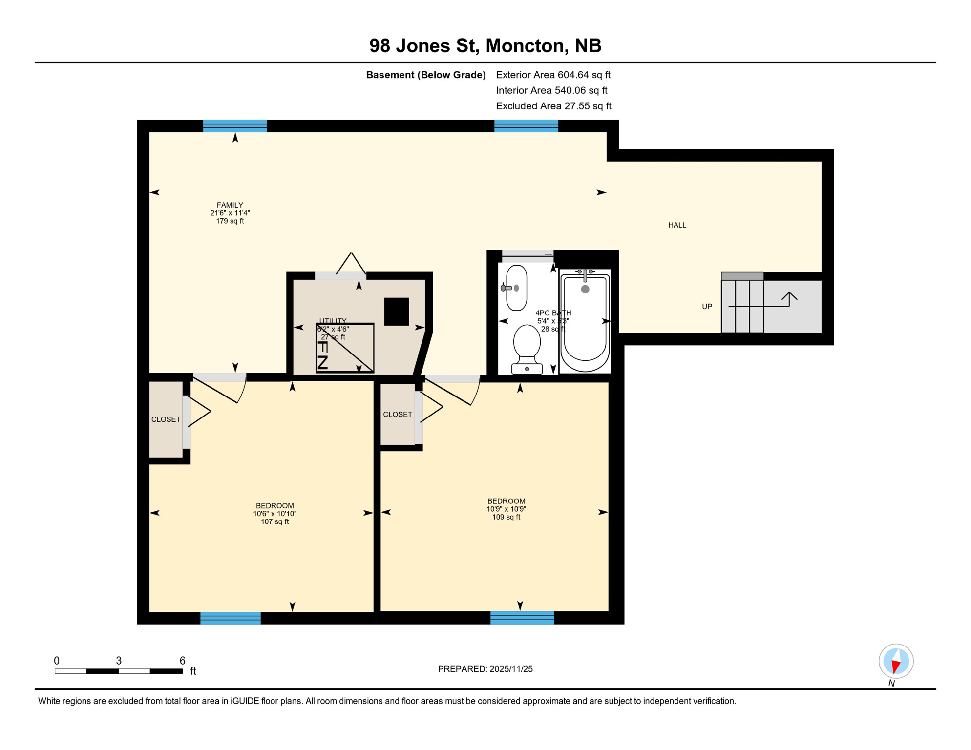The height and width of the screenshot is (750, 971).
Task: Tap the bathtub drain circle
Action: pos(585,289)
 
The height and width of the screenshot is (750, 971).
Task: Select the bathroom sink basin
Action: pos(517,288)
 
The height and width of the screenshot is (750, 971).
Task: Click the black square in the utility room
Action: pos(396,312)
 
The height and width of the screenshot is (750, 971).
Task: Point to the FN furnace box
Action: pos(345,348)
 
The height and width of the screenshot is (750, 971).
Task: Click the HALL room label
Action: pos(677,225)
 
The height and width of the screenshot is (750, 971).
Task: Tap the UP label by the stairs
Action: pos(707,307)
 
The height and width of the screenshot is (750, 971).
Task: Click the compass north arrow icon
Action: pos(896,662)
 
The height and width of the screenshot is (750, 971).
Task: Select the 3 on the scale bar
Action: pos(119,661)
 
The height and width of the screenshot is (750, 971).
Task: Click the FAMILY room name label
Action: pos(230,205)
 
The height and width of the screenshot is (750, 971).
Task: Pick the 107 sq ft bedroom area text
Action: pos(274,521)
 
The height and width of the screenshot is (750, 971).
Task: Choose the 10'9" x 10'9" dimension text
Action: pos(506,509)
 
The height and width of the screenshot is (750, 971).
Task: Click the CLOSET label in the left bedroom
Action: pos(166,419)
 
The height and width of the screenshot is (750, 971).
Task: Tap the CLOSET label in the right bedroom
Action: pos(397,414)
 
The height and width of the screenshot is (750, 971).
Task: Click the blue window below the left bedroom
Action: pos(231,618)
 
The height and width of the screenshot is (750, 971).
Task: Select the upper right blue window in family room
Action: pos(526,126)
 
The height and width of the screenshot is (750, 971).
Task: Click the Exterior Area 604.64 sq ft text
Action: pos(553,75)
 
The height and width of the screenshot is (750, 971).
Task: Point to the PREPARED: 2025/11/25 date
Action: pos(485,669)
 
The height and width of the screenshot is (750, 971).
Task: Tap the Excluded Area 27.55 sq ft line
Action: pos(553,106)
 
